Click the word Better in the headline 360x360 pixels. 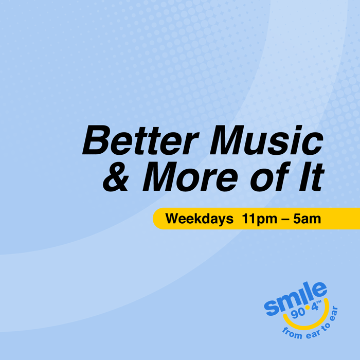click(x=140, y=140)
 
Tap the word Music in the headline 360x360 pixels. click(x=266, y=140)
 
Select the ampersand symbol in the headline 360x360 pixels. click(x=116, y=176)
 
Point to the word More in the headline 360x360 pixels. click(x=190, y=176)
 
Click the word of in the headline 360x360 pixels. click(x=270, y=176)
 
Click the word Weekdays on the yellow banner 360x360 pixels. click(x=200, y=219)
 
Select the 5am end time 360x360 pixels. click(x=307, y=219)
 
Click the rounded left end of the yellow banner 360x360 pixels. click(x=158, y=219)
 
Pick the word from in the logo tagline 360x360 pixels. click(x=292, y=333)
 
